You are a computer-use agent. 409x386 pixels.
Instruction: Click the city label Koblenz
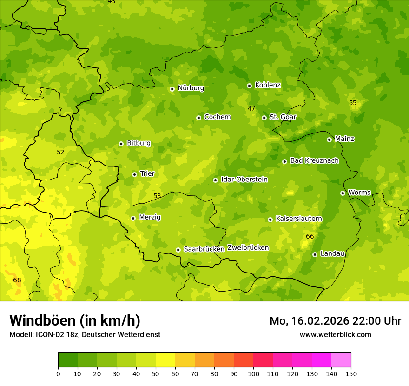coord(268,85)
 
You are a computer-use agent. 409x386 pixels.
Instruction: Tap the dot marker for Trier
coord(134,174)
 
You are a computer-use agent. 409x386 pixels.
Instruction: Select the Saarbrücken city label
coord(204,249)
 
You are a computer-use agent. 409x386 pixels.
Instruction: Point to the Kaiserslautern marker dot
coord(270,220)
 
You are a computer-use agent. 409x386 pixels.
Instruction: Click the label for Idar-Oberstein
coord(244,180)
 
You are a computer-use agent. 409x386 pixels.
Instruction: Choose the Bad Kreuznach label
coord(314,160)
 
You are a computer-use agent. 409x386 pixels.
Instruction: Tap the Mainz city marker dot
coord(329,140)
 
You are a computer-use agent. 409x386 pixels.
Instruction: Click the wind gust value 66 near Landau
coord(310,237)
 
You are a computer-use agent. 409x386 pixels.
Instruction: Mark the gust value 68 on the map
coord(17,280)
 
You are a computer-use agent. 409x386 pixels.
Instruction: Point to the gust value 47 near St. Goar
coord(251,108)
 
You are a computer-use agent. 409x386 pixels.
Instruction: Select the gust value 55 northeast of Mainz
coord(353,103)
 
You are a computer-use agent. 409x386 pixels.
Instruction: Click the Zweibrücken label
coord(248,248)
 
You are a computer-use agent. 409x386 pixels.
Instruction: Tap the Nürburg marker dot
coord(172,89)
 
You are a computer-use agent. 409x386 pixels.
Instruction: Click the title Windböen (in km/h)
coord(75,320)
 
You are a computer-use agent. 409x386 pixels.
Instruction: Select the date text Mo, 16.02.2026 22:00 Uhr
coord(335,321)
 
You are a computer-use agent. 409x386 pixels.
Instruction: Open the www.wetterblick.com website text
coord(335,334)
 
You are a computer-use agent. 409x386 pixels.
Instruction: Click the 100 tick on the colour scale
coord(253,373)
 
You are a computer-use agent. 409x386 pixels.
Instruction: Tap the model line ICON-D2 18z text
coord(85,334)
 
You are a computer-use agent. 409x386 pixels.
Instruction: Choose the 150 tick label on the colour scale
coord(351,373)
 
